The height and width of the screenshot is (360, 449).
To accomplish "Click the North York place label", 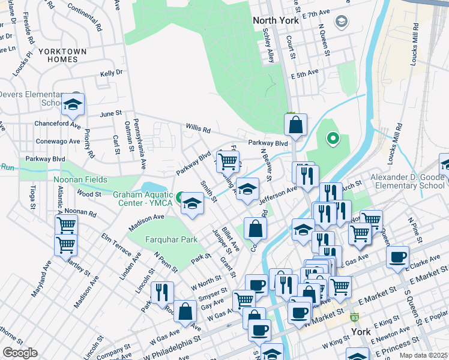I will click(x=276, y=20).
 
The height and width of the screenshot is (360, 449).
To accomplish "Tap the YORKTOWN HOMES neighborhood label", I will click(x=63, y=56).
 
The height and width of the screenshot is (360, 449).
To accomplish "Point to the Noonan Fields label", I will click(x=80, y=179).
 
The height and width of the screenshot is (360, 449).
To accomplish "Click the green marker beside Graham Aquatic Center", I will click(x=180, y=196).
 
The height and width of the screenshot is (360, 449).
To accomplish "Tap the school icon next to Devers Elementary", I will click(x=73, y=106).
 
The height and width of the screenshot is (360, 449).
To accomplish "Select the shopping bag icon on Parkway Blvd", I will click(x=295, y=125).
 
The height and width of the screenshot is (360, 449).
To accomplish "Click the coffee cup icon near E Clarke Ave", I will click(x=397, y=257).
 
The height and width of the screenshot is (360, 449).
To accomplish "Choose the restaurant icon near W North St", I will click(x=162, y=292).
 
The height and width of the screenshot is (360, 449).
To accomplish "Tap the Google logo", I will click(x=20, y=353).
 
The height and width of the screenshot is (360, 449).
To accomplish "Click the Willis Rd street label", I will click(x=198, y=129).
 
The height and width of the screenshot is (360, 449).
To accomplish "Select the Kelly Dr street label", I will click(x=111, y=72).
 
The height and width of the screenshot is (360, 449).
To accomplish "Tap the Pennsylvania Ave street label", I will click(x=142, y=145).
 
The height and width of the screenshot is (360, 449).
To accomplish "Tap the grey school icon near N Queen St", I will click(x=342, y=22).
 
